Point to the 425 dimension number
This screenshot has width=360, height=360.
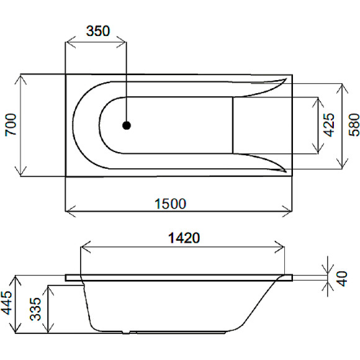[x=330, y=125]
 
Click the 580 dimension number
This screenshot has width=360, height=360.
[x=352, y=125]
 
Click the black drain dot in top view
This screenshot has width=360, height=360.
[x=127, y=125]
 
